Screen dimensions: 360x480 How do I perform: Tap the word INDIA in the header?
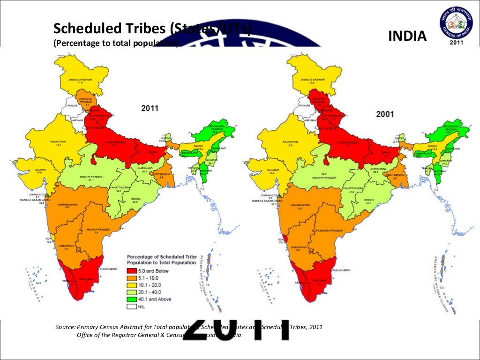[x=408, y=36]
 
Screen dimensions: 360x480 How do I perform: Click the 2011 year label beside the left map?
[x=150, y=108]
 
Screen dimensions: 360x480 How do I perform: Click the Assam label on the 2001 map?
[x=432, y=146]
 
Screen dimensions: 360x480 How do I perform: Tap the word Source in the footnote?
[x=65, y=327]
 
